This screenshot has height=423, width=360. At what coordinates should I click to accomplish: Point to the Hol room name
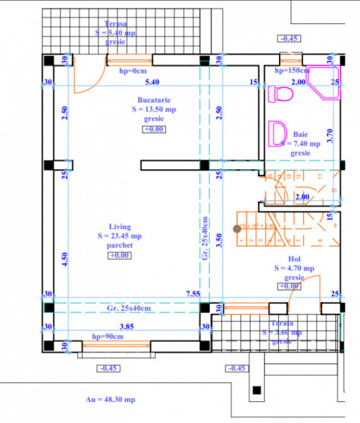click(x=294, y=259)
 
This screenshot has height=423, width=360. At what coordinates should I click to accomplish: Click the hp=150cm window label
click(x=292, y=70)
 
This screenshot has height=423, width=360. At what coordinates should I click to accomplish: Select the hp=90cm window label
click(x=108, y=337)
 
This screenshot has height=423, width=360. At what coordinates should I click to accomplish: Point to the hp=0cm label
click(x=132, y=70)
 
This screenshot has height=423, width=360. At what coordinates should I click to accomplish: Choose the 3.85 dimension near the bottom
click(x=127, y=326)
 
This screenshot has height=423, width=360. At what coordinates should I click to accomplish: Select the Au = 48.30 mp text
click(x=110, y=400)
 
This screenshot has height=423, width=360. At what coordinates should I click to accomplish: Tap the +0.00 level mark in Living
click(x=118, y=255)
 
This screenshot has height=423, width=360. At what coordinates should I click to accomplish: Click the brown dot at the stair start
click(x=237, y=227)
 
